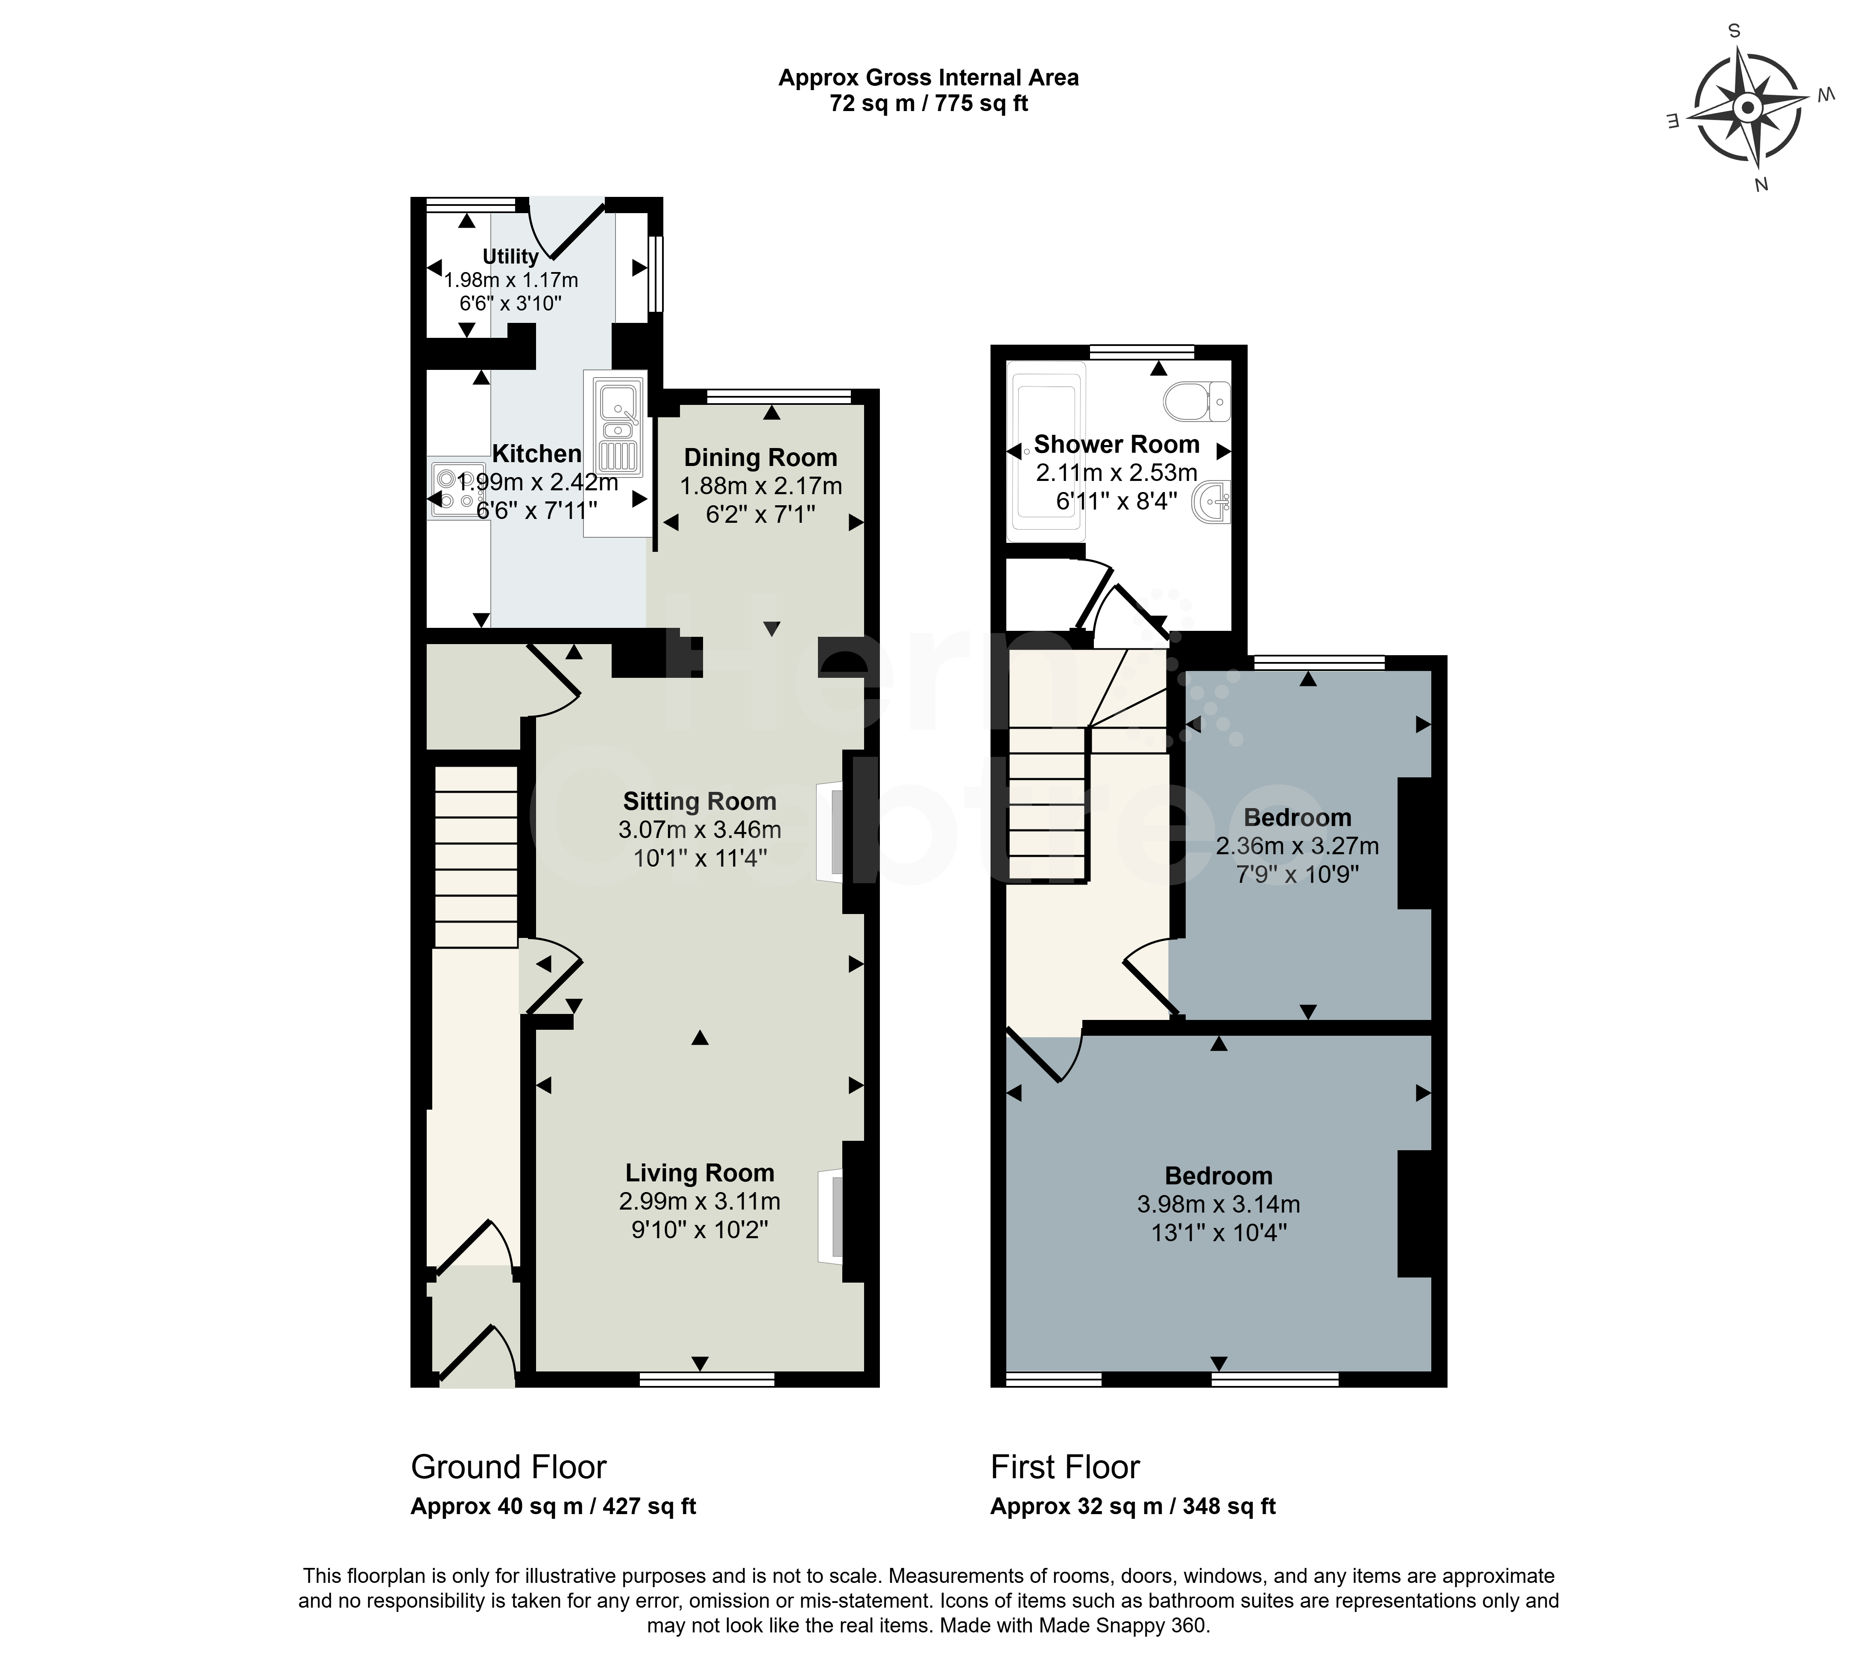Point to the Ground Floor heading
[508, 1467]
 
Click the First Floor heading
[1064, 1467]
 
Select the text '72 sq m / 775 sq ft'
[929, 104]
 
